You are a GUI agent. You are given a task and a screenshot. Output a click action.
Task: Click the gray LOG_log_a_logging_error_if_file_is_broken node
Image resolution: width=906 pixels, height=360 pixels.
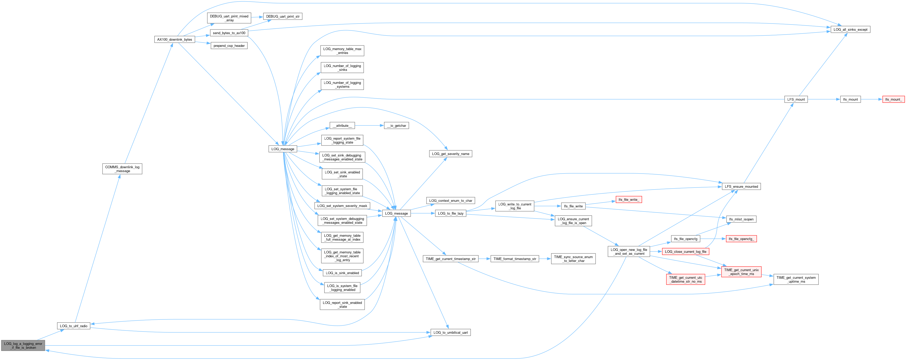pyautogui.click(x=23, y=346)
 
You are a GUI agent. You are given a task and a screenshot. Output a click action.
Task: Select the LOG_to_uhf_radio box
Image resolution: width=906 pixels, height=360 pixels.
pyautogui.click(x=74, y=326)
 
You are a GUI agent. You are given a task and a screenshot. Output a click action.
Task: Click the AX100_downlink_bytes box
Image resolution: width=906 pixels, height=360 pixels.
pyautogui.click(x=174, y=39)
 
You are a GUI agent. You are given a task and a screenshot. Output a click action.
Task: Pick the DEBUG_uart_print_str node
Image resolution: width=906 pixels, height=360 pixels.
pyautogui.click(x=283, y=17)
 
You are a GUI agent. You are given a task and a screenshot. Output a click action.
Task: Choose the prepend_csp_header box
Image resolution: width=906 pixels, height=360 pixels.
pyautogui.click(x=229, y=46)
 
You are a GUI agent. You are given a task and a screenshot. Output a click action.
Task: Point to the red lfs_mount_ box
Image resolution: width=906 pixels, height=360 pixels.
pyautogui.click(x=893, y=99)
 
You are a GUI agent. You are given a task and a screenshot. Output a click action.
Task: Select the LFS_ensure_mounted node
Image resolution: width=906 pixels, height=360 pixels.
pyautogui.click(x=741, y=187)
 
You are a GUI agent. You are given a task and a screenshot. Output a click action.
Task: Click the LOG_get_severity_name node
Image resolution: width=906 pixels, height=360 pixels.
pyautogui.click(x=450, y=154)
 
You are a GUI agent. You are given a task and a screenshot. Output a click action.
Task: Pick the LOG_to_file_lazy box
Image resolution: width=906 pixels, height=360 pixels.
pyautogui.click(x=450, y=213)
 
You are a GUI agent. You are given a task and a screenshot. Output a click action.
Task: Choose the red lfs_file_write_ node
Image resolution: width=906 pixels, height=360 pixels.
pyautogui.click(x=629, y=200)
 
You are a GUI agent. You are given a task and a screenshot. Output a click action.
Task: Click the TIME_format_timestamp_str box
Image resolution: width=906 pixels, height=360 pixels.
pyautogui.click(x=514, y=259)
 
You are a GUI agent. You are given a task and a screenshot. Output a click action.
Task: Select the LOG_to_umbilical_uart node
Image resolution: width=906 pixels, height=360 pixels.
pyautogui.click(x=450, y=333)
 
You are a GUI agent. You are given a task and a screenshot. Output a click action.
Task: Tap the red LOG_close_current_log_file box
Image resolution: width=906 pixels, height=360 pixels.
pyautogui.click(x=685, y=252)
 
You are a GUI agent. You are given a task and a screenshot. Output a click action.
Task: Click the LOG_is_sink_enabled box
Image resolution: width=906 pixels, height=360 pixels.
pyautogui.click(x=342, y=273)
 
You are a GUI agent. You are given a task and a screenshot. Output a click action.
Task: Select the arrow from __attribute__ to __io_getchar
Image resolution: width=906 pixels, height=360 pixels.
pyautogui.click(x=369, y=126)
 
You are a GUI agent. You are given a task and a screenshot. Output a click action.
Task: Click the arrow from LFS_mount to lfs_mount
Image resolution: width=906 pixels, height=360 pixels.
pyautogui.click(x=823, y=99)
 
